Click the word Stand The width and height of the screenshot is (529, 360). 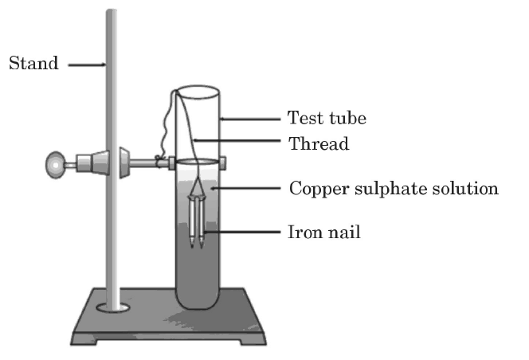33,64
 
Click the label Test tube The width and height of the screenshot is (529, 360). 327,119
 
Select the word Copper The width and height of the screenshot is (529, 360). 315,190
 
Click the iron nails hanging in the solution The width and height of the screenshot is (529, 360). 198,223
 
